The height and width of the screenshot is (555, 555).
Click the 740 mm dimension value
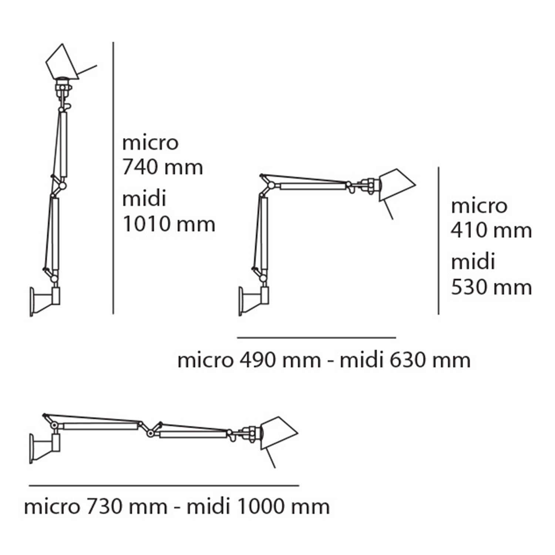(x=162, y=167)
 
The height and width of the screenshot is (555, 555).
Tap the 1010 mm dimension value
(x=169, y=224)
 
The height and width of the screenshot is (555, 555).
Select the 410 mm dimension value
(x=491, y=230)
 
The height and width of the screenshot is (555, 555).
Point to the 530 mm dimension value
(x=491, y=287)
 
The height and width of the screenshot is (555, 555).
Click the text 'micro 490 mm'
(x=249, y=360)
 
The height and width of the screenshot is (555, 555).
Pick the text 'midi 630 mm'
(x=405, y=360)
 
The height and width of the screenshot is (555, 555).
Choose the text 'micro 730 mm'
(x=95, y=506)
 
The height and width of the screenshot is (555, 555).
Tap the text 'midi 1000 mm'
(x=258, y=506)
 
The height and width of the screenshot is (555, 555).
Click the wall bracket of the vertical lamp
(x=44, y=301)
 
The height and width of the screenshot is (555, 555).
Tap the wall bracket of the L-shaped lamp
(x=254, y=300)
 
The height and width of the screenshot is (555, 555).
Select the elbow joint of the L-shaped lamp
(x=269, y=185)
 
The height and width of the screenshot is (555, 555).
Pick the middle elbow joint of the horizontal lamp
(x=151, y=432)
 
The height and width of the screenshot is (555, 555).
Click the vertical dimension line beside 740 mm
(x=113, y=178)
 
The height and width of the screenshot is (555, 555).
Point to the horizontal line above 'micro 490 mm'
(x=316, y=337)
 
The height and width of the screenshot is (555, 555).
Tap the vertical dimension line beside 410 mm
(x=439, y=240)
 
